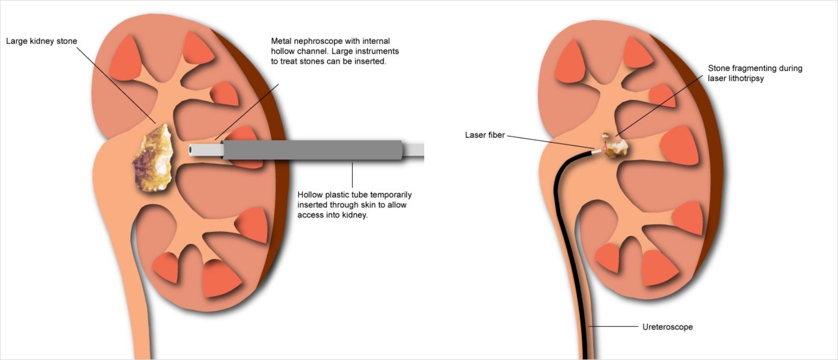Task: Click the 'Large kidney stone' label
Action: [41, 41]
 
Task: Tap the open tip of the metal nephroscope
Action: [191, 150]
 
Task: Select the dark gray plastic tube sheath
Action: [312, 150]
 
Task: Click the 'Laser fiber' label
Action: [485, 135]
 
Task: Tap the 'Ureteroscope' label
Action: [667, 326]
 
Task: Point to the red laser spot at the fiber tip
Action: [604, 149]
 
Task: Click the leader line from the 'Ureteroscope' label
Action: [613, 326]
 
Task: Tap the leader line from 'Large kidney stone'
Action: [116, 85]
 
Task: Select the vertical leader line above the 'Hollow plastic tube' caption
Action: [352, 175]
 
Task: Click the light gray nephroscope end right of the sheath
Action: [414, 150]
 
